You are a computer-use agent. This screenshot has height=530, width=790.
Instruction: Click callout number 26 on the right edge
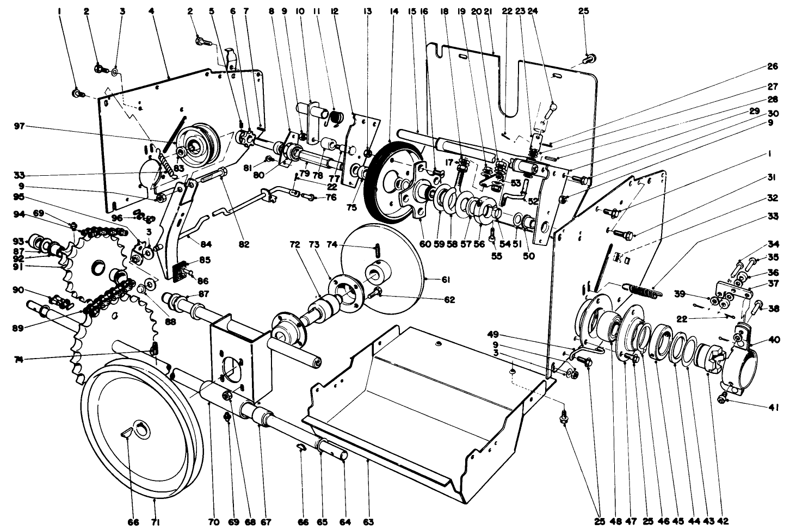pyautogui.click(x=773, y=67)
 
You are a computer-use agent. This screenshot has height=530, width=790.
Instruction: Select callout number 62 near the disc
pyautogui.click(x=449, y=299)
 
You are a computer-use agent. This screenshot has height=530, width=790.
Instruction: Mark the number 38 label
pyautogui.click(x=773, y=307)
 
